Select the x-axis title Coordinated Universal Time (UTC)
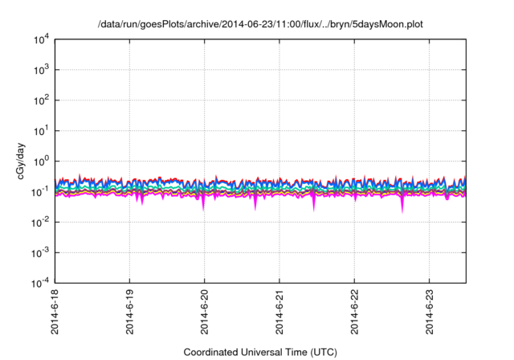(x=259, y=352)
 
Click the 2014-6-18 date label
(x=55, y=314)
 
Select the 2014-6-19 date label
(x=129, y=314)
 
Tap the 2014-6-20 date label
(x=205, y=314)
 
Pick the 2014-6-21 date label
(x=279, y=314)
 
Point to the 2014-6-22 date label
(x=355, y=314)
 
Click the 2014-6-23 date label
(x=430, y=314)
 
